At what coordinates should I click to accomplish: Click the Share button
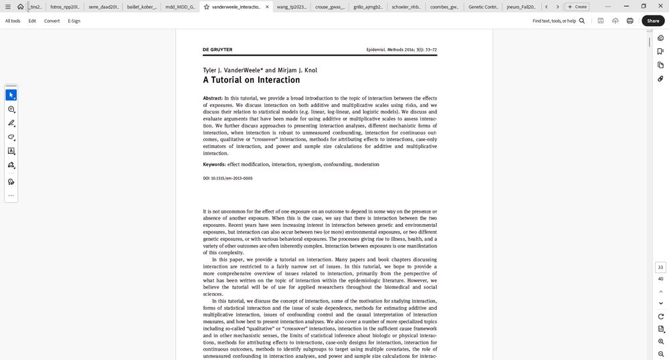tap(653, 21)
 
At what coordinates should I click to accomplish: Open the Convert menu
tap(52, 21)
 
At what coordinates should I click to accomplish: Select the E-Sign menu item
tap(74, 21)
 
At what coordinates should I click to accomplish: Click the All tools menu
tap(13, 21)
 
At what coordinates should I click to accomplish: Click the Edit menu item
tap(32, 21)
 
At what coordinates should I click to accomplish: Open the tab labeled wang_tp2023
tap(292, 7)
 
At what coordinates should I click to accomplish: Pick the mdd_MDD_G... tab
tap(180, 7)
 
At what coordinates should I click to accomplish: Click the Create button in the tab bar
tap(577, 7)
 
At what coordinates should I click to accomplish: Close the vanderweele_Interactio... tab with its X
tap(267, 7)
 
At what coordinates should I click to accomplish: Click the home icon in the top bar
tap(21, 7)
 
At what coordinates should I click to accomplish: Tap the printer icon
tap(630, 21)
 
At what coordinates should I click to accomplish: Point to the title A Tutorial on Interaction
tap(252, 80)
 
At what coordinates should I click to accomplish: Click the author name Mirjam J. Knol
tap(297, 70)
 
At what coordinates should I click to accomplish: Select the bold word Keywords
tap(214, 165)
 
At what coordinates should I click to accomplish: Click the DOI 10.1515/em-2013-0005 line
tap(227, 179)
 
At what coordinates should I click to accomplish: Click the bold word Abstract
tap(213, 98)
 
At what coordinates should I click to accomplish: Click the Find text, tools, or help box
tap(558, 21)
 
